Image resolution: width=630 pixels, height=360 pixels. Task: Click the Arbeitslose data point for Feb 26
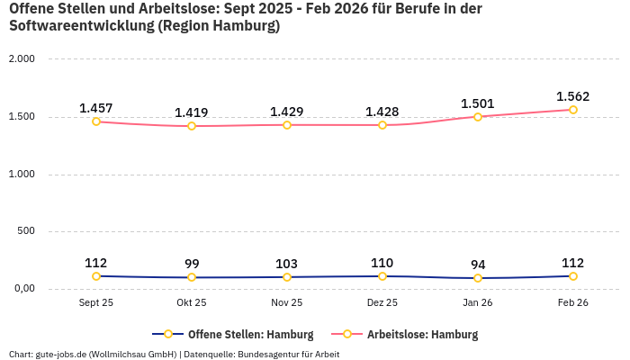click(572, 110)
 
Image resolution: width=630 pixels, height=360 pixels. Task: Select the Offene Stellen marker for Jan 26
click(478, 278)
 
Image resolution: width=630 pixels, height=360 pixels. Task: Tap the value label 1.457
click(96, 108)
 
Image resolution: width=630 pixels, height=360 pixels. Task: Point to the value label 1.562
click(572, 96)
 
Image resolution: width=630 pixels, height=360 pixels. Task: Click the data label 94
click(478, 265)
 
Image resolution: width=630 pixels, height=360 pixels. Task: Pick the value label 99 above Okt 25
click(192, 264)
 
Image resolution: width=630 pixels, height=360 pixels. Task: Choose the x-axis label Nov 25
click(287, 303)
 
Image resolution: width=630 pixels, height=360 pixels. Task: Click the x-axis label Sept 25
click(96, 303)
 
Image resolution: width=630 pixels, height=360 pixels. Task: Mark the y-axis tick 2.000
click(22, 58)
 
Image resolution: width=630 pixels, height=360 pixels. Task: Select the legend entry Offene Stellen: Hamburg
click(232, 334)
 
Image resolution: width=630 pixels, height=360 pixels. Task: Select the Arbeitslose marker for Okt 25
click(192, 126)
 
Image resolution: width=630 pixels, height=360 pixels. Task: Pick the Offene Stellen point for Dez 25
click(382, 276)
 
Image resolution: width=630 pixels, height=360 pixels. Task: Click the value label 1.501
click(478, 103)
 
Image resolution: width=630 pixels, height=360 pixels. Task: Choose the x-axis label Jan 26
click(478, 303)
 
